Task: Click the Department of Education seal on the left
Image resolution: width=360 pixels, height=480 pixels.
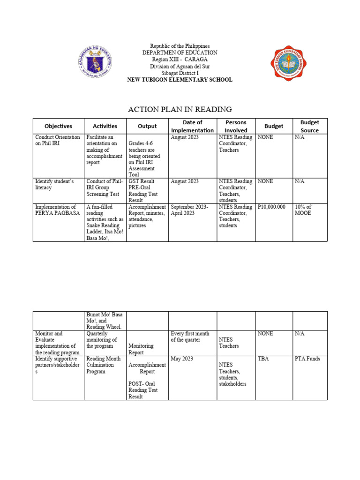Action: point(95,63)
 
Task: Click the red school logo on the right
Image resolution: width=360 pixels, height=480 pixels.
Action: point(287,63)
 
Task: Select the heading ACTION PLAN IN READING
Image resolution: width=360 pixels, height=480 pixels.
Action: point(180,110)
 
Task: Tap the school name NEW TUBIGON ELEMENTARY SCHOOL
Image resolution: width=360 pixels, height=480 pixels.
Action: point(180,80)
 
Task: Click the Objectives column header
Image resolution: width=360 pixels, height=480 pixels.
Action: point(58,126)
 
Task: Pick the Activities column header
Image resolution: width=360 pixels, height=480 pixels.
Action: point(105,126)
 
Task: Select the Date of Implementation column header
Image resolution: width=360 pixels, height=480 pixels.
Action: point(192,126)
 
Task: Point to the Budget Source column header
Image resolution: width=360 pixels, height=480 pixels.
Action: point(309,126)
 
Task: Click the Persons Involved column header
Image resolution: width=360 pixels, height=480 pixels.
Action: point(236,126)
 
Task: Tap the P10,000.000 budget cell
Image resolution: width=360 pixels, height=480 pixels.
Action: point(271,207)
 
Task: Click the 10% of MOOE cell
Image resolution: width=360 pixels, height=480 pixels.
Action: point(303,210)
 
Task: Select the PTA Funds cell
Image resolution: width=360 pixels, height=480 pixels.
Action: point(307,359)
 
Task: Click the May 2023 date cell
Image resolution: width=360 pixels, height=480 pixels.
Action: point(182,359)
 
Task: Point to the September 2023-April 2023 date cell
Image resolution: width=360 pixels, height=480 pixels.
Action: point(189,210)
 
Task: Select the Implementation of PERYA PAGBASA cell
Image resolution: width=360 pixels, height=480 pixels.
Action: point(57,210)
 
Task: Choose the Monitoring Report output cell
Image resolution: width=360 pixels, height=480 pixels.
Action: point(140,349)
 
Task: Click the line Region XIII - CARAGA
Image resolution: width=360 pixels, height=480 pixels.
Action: point(180,60)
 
